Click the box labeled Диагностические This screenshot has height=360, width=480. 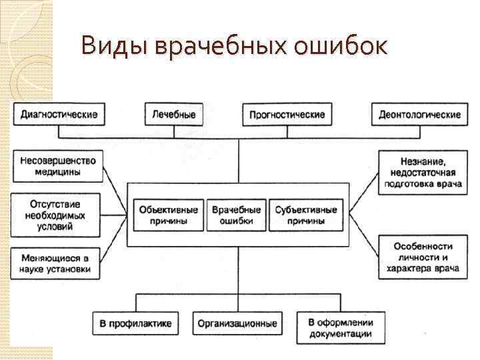coord(59,115)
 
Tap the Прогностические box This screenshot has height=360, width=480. coord(287,115)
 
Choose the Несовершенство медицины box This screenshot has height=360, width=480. coord(59,166)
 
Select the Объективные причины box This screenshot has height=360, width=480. coord(168,215)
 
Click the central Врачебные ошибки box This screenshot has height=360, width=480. coord(236,215)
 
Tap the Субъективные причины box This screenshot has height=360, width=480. coord(306,215)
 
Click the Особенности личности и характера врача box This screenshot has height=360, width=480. coord(419,256)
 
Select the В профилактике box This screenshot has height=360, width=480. coord(136,323)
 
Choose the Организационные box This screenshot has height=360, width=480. coord(237,323)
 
